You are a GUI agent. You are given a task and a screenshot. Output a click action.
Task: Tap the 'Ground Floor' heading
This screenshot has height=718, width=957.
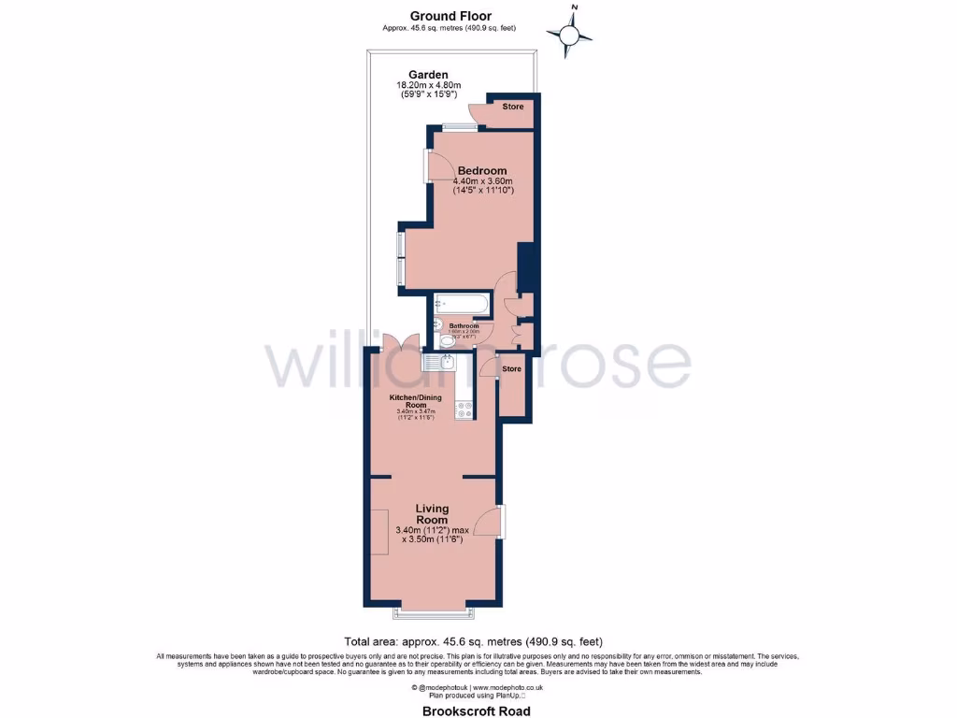tap(450, 16)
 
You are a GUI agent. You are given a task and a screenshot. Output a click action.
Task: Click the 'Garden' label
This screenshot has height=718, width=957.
tap(428, 75)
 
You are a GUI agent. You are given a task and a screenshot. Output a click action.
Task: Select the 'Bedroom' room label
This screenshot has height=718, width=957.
tap(482, 170)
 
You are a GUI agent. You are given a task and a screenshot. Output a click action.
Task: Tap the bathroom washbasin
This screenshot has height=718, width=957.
tap(439, 324)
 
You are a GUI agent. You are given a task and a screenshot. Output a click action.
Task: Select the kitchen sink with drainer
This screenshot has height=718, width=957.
tap(438, 363)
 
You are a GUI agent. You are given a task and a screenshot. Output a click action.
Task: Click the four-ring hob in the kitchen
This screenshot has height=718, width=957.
tap(464, 409)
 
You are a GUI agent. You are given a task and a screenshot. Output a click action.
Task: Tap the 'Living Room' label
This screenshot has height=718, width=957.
tap(432, 513)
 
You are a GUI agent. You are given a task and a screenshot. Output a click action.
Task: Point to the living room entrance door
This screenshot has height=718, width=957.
tap(487, 523)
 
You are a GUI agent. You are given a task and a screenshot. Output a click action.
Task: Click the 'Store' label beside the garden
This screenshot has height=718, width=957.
tap(513, 107)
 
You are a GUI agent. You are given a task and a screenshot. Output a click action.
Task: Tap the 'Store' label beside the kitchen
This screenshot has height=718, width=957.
tap(511, 368)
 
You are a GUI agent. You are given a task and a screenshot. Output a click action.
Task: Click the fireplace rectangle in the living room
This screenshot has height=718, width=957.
tap(379, 531)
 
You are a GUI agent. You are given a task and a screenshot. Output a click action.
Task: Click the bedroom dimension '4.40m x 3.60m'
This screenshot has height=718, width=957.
tap(484, 181)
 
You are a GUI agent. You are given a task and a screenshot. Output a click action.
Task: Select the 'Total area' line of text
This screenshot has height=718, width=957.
tap(474, 642)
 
